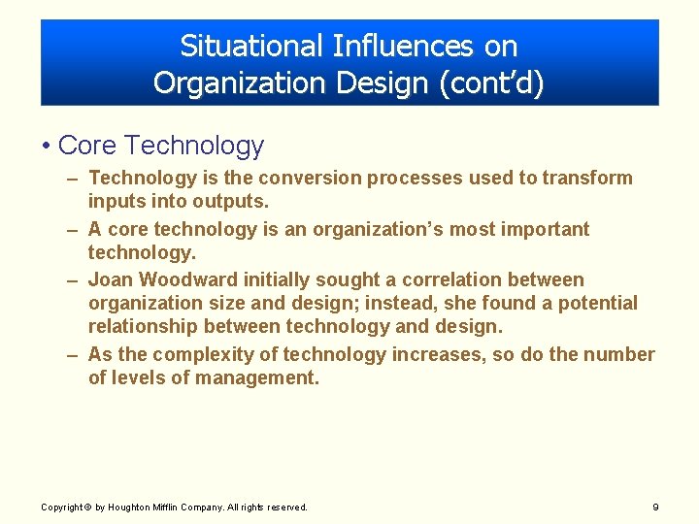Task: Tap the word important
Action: pos(542,229)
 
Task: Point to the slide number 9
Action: pos(655,508)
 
